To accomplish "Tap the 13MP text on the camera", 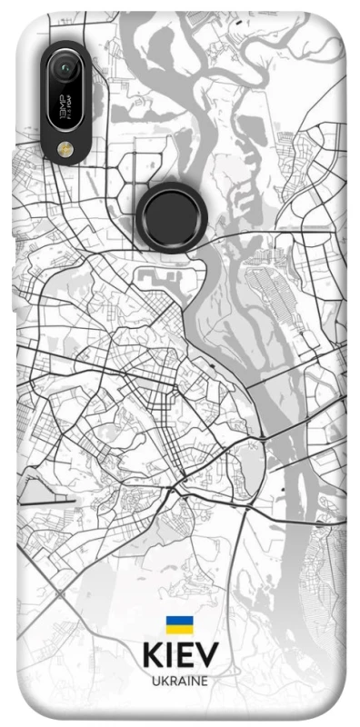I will click(62, 107).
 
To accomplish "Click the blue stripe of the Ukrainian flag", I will click(178, 621).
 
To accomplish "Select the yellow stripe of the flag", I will click(178, 629).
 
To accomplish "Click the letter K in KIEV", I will click(151, 655).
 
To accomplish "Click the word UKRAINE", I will click(179, 680).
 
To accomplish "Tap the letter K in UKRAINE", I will click(163, 680).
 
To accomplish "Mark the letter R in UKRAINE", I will click(172, 680).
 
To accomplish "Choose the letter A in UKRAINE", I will click(181, 680).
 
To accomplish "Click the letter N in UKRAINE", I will click(194, 680).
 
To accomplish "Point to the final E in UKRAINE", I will click(204, 680).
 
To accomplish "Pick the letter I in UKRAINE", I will click(187, 680).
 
